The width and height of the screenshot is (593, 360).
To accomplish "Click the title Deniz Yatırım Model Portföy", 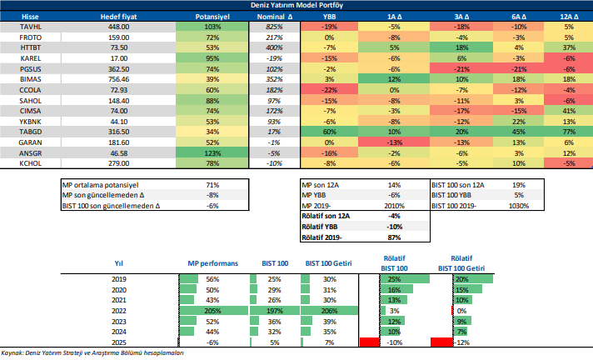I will (x=296, y=5).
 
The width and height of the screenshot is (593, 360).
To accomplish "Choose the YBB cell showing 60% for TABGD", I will (x=329, y=132).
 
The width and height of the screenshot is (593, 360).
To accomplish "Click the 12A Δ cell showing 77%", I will (x=569, y=132).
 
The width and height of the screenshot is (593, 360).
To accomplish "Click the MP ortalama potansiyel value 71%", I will (x=212, y=183).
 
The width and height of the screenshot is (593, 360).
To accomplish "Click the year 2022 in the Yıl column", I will (x=119, y=310).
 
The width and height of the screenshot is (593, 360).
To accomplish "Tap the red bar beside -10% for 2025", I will (x=369, y=342).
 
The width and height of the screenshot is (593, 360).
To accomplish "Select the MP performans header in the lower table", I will (x=213, y=262).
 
